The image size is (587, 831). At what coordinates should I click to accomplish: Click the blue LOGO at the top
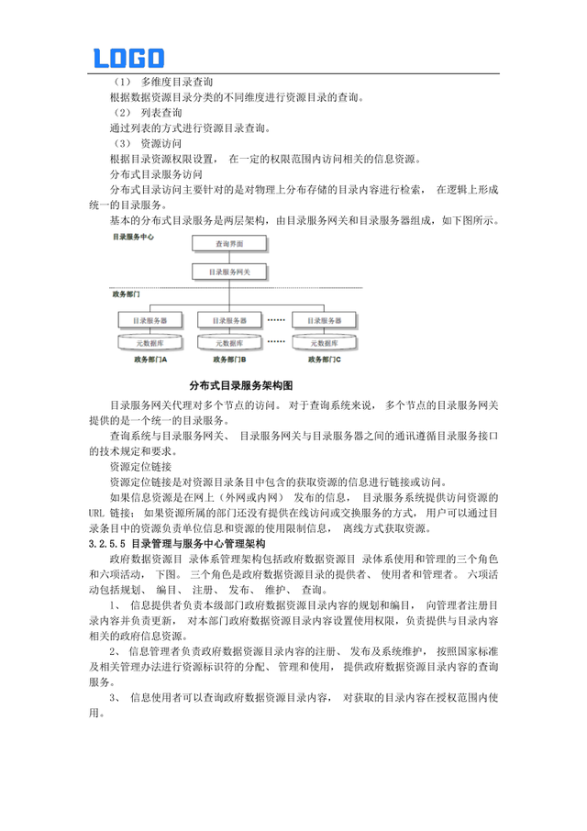tap(128, 58)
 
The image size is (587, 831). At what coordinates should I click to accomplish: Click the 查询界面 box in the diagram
tap(229, 245)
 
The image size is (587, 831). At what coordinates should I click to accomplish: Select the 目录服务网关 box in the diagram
tap(229, 272)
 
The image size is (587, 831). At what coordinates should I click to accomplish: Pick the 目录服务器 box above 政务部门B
tap(229, 321)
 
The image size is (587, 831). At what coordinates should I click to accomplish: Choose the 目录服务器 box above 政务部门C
tap(326, 321)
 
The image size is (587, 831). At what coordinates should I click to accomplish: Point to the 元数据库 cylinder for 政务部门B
tap(229, 342)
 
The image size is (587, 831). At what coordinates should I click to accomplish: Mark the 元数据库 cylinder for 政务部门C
tap(326, 342)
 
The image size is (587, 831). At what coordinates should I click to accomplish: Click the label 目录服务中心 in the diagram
tap(132, 237)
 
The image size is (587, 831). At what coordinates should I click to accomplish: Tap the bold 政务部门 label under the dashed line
tap(126, 296)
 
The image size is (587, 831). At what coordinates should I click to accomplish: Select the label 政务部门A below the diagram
tap(147, 360)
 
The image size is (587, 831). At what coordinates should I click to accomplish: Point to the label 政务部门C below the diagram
tap(325, 360)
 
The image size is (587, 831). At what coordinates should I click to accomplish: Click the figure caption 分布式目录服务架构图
tap(239, 385)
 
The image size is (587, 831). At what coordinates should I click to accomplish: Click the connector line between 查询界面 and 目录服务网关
tap(229, 259)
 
